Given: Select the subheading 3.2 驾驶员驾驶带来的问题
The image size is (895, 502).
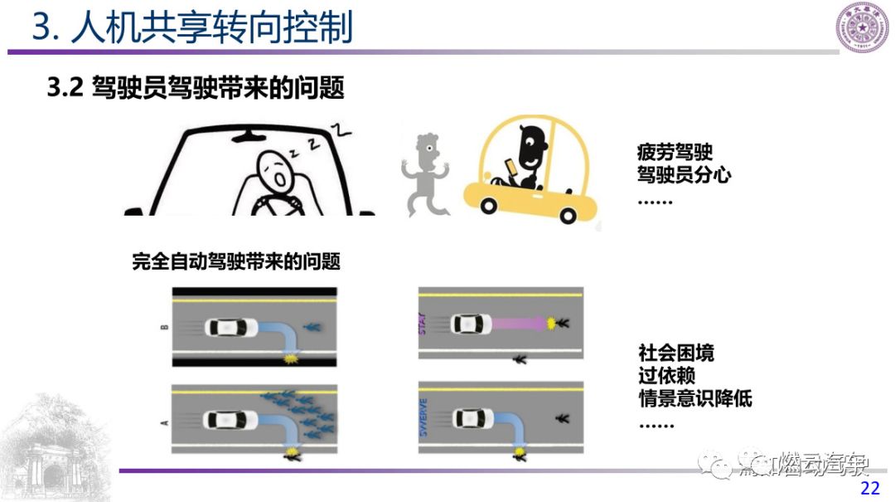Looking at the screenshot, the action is [x=196, y=88].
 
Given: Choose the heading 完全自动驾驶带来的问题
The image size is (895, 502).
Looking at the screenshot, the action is [x=236, y=262].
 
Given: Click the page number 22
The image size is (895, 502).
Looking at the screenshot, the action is [x=870, y=488].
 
